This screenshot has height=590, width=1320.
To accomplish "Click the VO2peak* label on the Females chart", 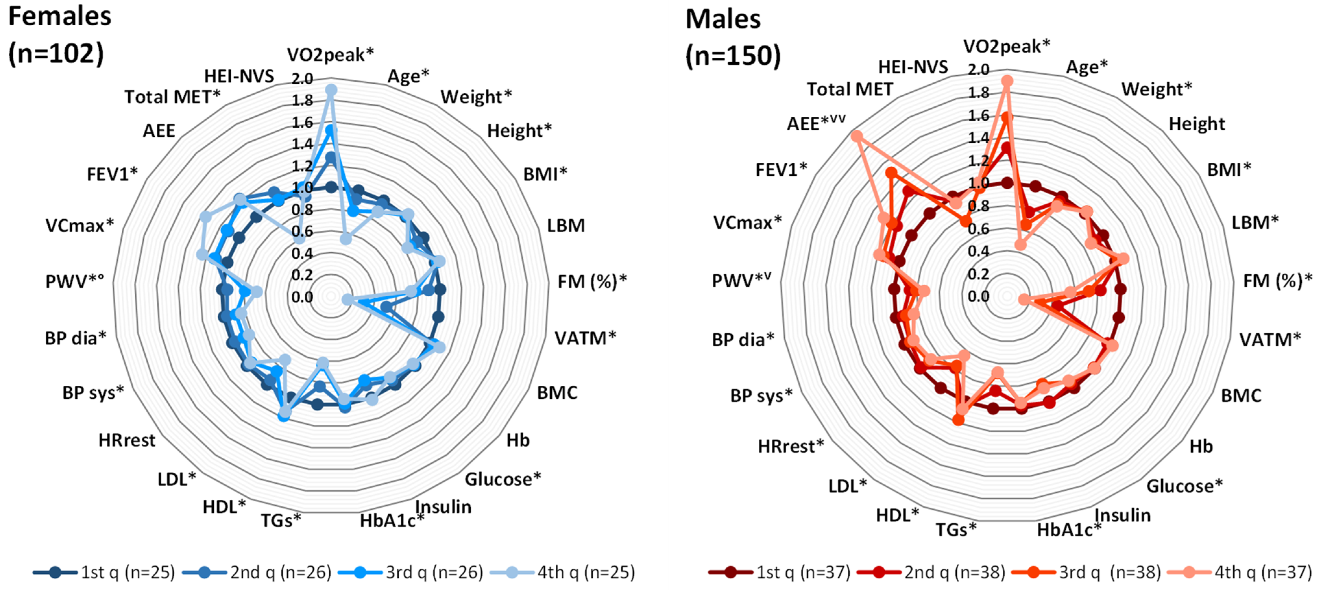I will (x=331, y=54).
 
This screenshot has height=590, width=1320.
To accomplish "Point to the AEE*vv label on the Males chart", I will (x=816, y=124).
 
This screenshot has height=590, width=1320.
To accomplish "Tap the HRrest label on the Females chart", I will (x=127, y=440).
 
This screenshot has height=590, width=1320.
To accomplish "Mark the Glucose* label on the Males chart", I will (x=1184, y=486).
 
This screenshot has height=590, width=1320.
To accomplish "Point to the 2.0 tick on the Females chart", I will (x=302, y=78).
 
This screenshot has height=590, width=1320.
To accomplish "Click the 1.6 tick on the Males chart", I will (x=978, y=116).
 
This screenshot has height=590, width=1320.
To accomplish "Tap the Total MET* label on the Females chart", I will (x=172, y=96).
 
